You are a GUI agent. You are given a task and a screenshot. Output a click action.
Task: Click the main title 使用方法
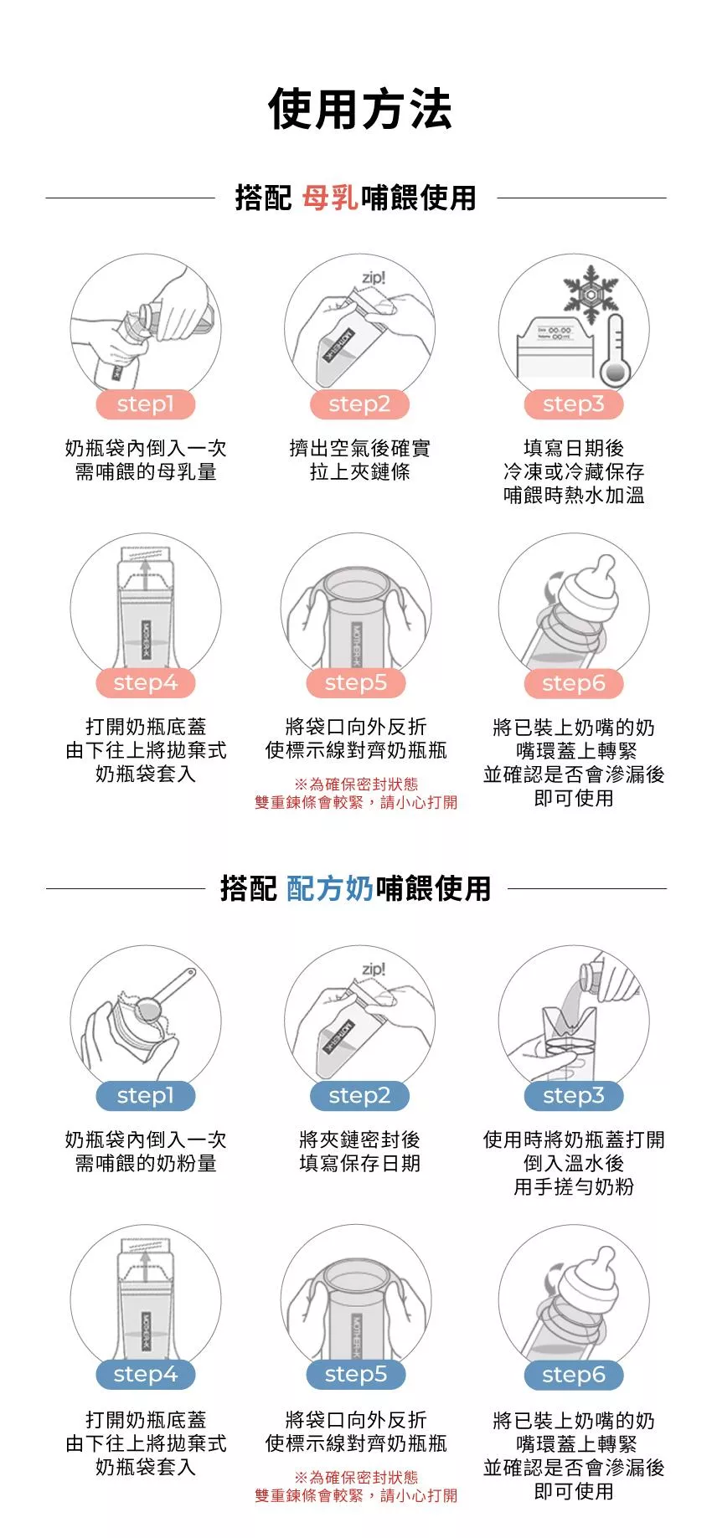click(x=359, y=110)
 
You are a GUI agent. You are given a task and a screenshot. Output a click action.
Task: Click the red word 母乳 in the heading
click(x=330, y=198)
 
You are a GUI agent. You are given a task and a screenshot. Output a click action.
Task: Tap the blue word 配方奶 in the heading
click(x=330, y=888)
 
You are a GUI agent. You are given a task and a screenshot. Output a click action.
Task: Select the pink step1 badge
click(x=146, y=404)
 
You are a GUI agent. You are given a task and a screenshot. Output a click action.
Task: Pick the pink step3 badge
click(x=574, y=404)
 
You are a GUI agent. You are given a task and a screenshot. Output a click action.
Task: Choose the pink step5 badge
click(x=356, y=683)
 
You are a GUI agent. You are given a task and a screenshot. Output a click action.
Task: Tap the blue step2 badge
click(x=359, y=1095)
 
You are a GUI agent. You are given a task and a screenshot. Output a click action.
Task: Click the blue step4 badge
click(x=146, y=1374)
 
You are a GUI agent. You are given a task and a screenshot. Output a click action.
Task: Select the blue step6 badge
click(x=574, y=1374)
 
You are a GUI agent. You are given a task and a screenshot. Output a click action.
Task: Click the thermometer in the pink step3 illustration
click(x=614, y=350)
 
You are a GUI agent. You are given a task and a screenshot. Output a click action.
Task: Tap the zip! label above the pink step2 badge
click(x=374, y=278)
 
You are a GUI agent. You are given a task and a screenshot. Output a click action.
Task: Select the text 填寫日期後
click(x=574, y=449)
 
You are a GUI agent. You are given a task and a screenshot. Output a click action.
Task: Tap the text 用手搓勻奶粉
click(x=574, y=1187)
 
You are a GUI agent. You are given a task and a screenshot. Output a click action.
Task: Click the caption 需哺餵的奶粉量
click(x=146, y=1164)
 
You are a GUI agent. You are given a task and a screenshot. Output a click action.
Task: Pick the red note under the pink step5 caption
click(x=356, y=793)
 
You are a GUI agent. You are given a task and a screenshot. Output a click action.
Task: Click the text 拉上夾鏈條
click(x=359, y=472)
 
